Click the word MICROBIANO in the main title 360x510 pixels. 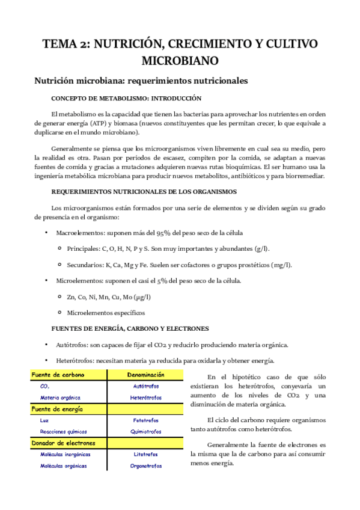click(180, 61)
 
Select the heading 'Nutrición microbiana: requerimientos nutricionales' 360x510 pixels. click(141, 81)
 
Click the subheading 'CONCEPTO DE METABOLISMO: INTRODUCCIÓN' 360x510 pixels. click(126, 98)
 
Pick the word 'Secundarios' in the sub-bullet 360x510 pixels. click(85, 265)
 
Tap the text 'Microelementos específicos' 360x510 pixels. click(106, 313)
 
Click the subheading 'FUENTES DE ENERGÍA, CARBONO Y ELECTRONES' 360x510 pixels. click(130, 329)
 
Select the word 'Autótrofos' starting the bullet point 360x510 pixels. click(72, 345)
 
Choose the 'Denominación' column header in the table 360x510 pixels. click(145, 375)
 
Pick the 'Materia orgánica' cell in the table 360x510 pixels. click(60, 398)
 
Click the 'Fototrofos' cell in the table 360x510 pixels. click(145, 420)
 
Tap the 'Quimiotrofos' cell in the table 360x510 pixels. click(145, 431)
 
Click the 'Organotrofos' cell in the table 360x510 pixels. click(145, 465)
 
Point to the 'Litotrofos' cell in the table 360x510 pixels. click(145, 454)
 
